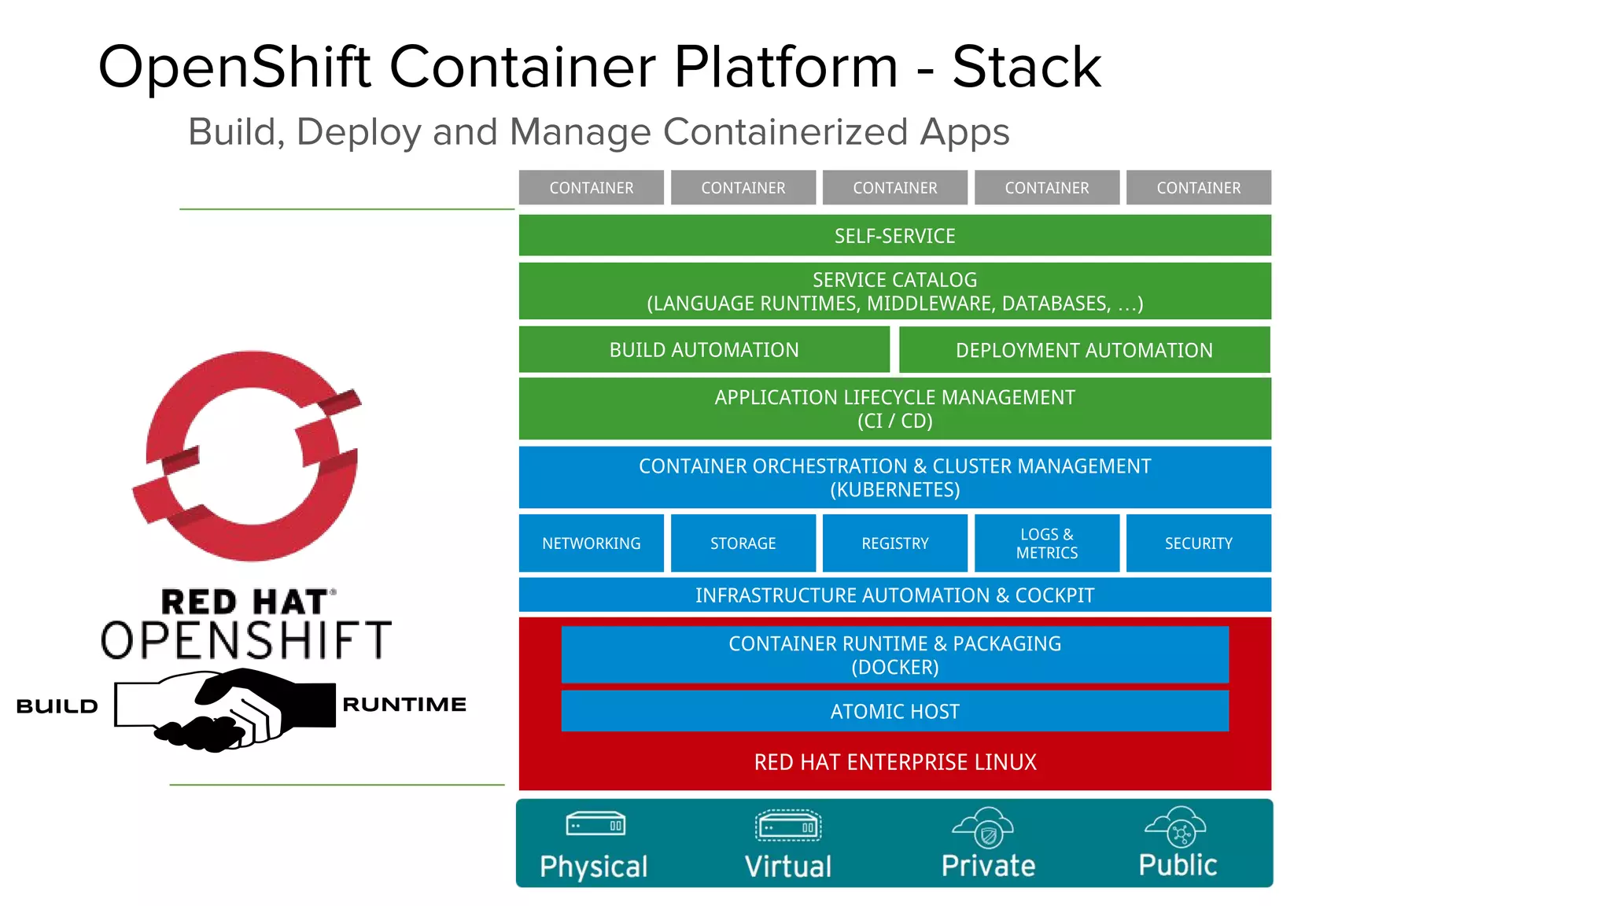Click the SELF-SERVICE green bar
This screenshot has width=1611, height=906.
pos(894,236)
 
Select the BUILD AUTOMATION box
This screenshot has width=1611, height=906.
pos(704,350)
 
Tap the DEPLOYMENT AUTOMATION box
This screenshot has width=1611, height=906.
pos(1084,350)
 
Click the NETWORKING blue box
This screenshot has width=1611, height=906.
pos(591,543)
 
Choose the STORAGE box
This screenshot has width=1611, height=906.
pos(743,543)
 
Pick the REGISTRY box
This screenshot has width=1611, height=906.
pos(894,543)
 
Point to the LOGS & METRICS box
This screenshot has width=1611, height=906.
pos(1046,543)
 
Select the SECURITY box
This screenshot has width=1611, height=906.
pos(1198,543)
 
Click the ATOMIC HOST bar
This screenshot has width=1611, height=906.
pos(894,711)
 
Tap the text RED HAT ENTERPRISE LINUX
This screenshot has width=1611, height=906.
pos(894,762)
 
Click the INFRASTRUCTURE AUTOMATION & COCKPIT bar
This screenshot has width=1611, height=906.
pos(894,595)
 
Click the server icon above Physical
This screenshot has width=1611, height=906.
pos(595,825)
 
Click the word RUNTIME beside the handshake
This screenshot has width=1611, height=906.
pos(404,705)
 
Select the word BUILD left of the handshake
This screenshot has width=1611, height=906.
pos(57,706)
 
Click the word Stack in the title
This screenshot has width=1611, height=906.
pos(1026,68)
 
